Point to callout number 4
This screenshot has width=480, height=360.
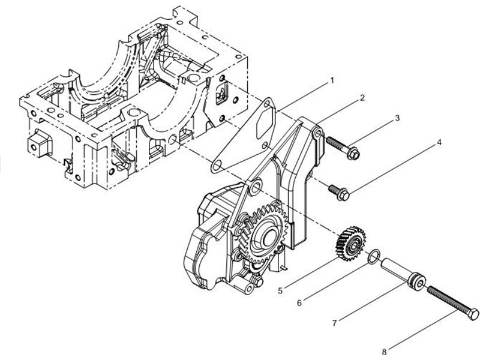[439, 143]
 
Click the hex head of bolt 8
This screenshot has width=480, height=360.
[473, 313]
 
